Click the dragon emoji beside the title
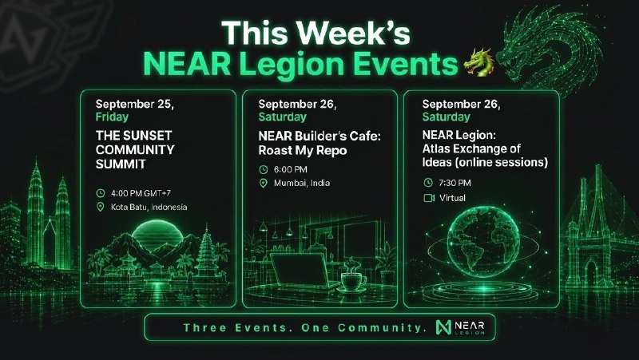[x=479, y=62]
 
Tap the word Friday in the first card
[x=112, y=117]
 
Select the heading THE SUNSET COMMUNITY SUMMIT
[x=135, y=149]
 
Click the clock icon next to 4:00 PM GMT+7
[x=101, y=193]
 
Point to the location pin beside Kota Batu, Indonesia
[x=101, y=207]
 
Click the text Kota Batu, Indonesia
[x=149, y=207]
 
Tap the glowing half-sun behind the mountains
[x=157, y=234]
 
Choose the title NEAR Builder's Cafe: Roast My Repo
[x=319, y=144]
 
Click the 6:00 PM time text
[x=291, y=169]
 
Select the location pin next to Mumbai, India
[x=264, y=184]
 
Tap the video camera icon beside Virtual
[x=429, y=198]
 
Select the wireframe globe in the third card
[x=483, y=243]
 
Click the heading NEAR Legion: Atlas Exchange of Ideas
[x=485, y=148]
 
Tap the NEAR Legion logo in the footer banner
[x=460, y=327]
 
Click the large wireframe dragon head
[x=546, y=49]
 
